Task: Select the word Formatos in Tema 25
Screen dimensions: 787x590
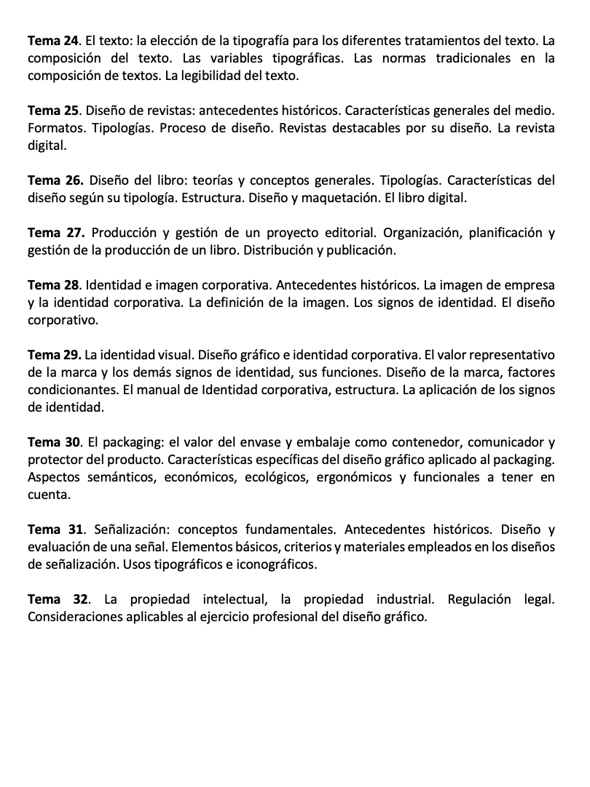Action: (55, 127)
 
